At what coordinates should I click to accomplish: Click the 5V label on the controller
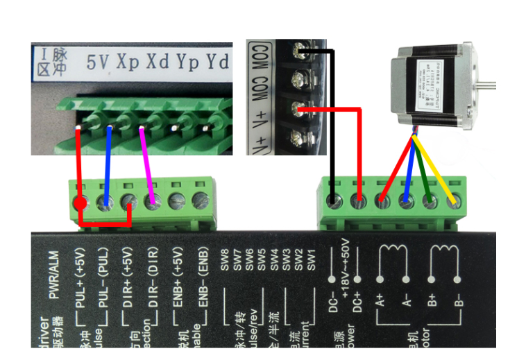[x=98, y=61]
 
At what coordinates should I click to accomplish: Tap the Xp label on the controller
[x=128, y=61]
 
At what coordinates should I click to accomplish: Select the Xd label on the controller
[x=158, y=61]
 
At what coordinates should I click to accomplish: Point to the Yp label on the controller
[x=188, y=61]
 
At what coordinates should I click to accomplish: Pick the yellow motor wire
[x=437, y=173]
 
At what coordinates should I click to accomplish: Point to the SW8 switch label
[x=225, y=260]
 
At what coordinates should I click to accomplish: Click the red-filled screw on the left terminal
[x=80, y=203]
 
